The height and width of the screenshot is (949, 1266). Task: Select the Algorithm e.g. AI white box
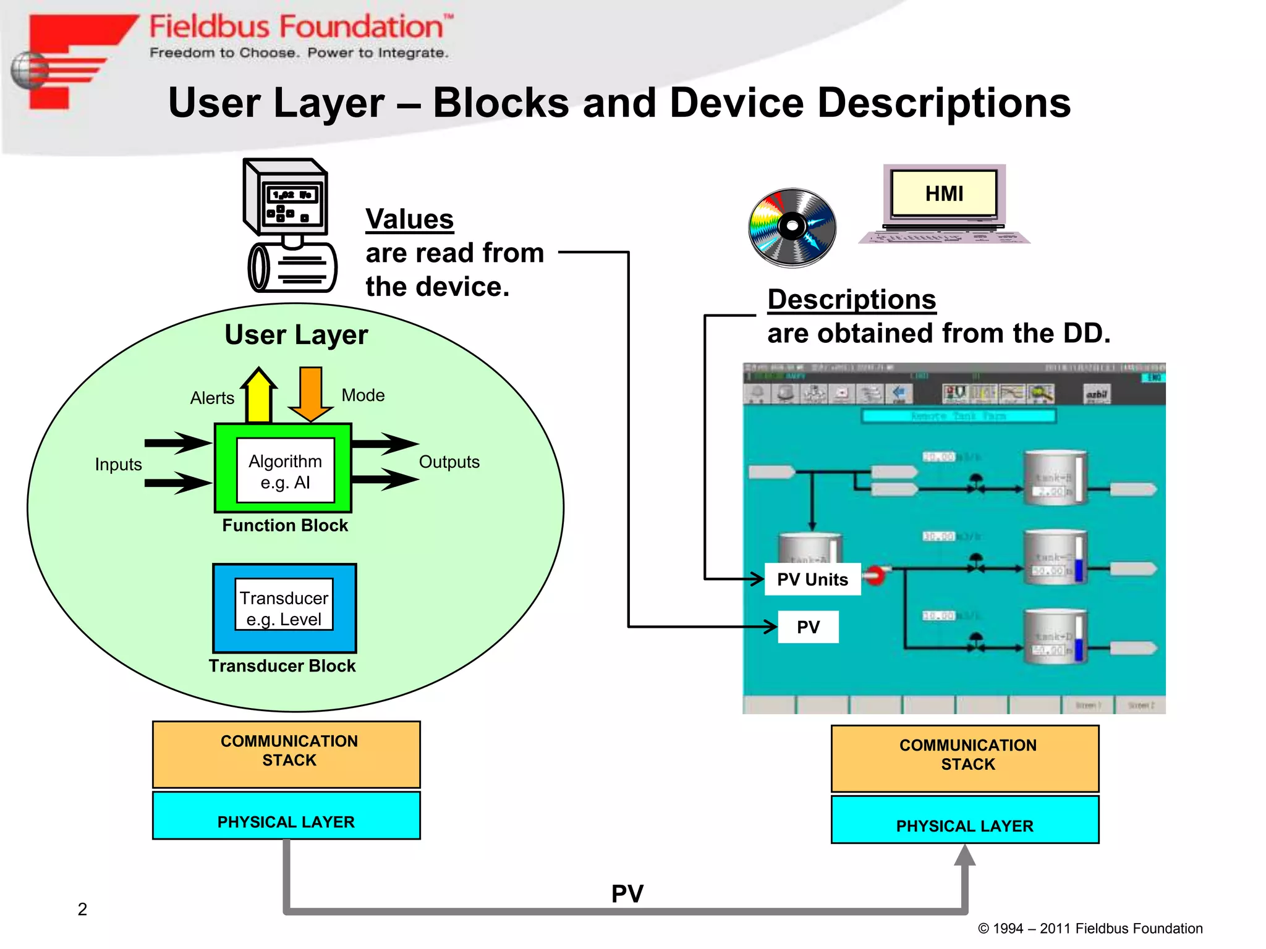[x=285, y=471]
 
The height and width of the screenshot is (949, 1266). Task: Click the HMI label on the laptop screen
[x=944, y=193]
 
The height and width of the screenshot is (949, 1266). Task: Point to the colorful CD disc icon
[x=792, y=227]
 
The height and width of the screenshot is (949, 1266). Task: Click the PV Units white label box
[x=812, y=580]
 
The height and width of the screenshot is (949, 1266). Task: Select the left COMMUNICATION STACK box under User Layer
[x=286, y=754]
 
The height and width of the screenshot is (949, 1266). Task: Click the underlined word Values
[x=409, y=219]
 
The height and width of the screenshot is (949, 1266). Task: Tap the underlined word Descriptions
[x=851, y=300]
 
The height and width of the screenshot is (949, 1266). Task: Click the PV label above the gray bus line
[x=627, y=893]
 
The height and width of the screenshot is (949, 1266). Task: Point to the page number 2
[x=82, y=909]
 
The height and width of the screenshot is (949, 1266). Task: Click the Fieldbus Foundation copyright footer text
[x=1090, y=929]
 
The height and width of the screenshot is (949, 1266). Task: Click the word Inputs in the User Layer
[x=118, y=465]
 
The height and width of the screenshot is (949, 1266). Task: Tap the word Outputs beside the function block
[x=449, y=462]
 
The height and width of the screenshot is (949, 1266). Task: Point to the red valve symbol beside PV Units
[x=875, y=575]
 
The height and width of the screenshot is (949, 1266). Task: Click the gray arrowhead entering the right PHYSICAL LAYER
[x=964, y=856]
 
